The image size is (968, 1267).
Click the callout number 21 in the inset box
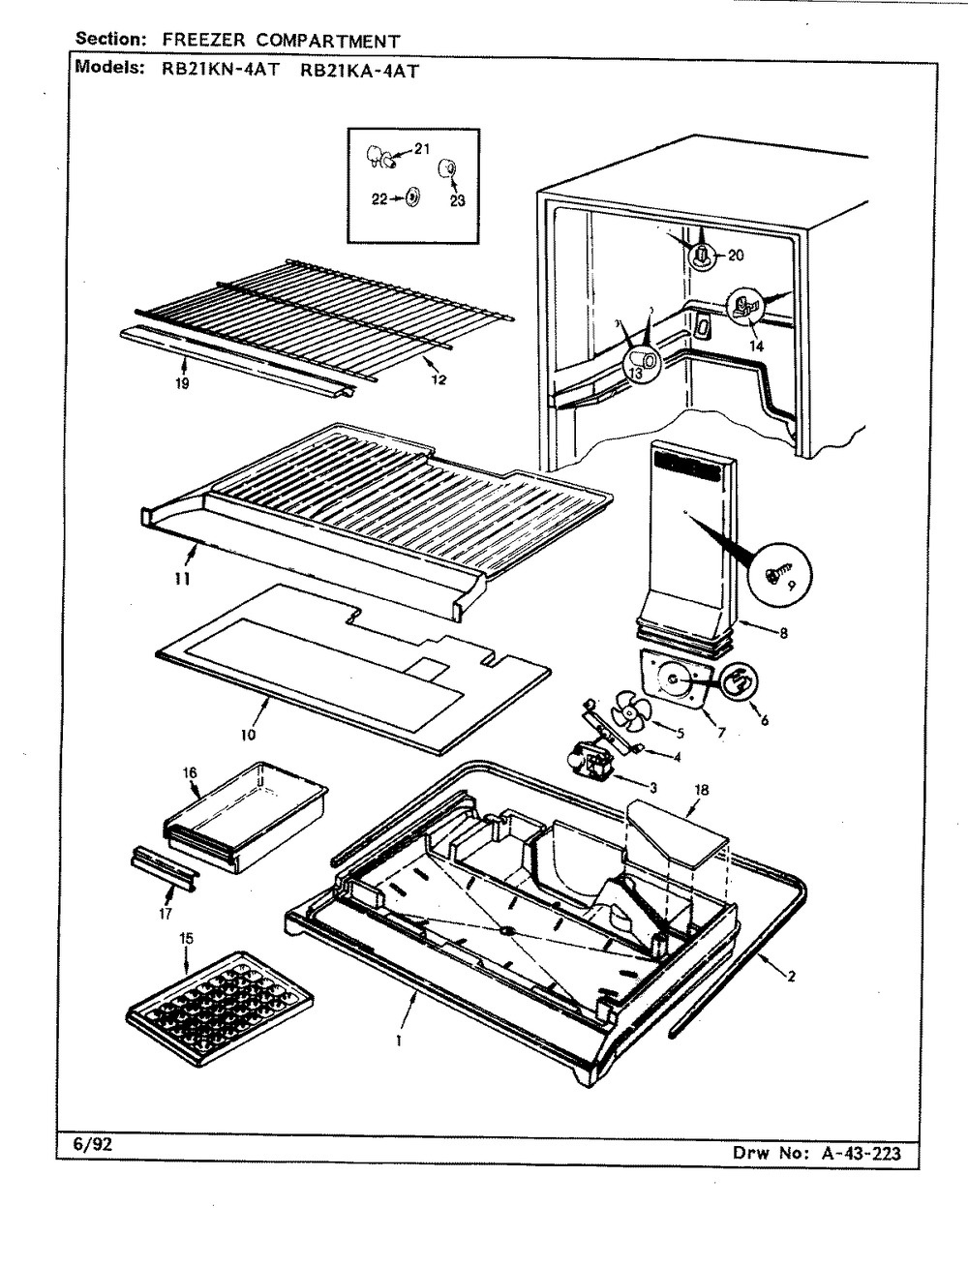[422, 149]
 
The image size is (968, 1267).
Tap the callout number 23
[458, 201]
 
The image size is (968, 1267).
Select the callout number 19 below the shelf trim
[182, 382]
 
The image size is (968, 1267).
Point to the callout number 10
[249, 735]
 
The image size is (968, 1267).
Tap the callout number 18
[702, 790]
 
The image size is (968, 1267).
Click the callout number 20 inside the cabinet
[736, 256]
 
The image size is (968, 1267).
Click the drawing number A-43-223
[861, 1153]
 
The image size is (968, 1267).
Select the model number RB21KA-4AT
[359, 71]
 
